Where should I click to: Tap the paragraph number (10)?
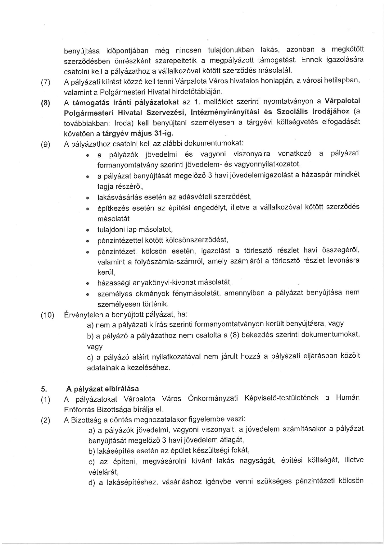(48, 315)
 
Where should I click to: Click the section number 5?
(44, 389)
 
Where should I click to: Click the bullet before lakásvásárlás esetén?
(88, 198)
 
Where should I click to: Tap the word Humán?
(348, 398)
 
